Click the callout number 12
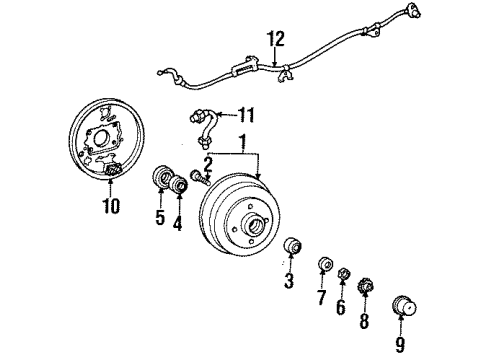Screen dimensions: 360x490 coord(276,39)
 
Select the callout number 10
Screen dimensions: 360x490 coord(110,206)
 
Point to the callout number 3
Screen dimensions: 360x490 coord(289,282)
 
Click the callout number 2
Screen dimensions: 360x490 coord(207,163)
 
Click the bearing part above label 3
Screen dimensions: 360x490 coord(294,246)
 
